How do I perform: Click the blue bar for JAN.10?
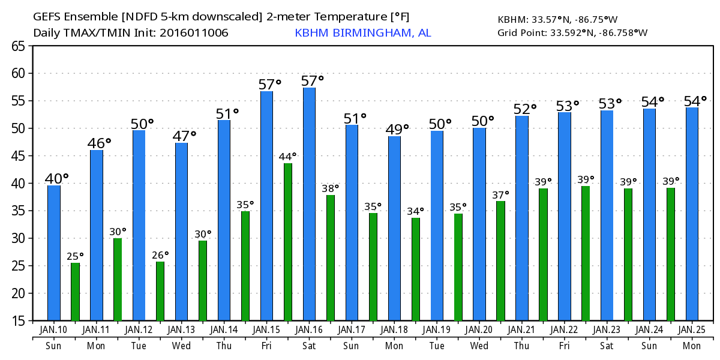[x=54, y=253]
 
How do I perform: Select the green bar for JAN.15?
[x=288, y=242]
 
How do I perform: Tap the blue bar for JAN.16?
[x=309, y=204]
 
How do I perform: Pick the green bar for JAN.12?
[x=160, y=291]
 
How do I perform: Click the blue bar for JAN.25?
[x=692, y=214]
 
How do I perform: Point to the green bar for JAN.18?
[x=416, y=269]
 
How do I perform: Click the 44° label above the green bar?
[x=287, y=157]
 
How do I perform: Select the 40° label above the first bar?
[x=57, y=178]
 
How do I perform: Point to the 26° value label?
[x=160, y=255]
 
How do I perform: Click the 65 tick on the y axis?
[x=18, y=46]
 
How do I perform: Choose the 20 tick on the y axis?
[x=18, y=293]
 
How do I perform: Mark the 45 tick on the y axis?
[x=18, y=156]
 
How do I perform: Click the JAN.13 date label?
[x=181, y=330]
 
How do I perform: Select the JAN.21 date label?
[x=521, y=330]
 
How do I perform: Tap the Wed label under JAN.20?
[x=479, y=346]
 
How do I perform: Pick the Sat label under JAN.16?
[x=309, y=346]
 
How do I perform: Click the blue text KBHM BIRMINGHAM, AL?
[x=362, y=32]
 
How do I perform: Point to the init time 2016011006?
[x=194, y=32]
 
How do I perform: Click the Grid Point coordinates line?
[x=572, y=32]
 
